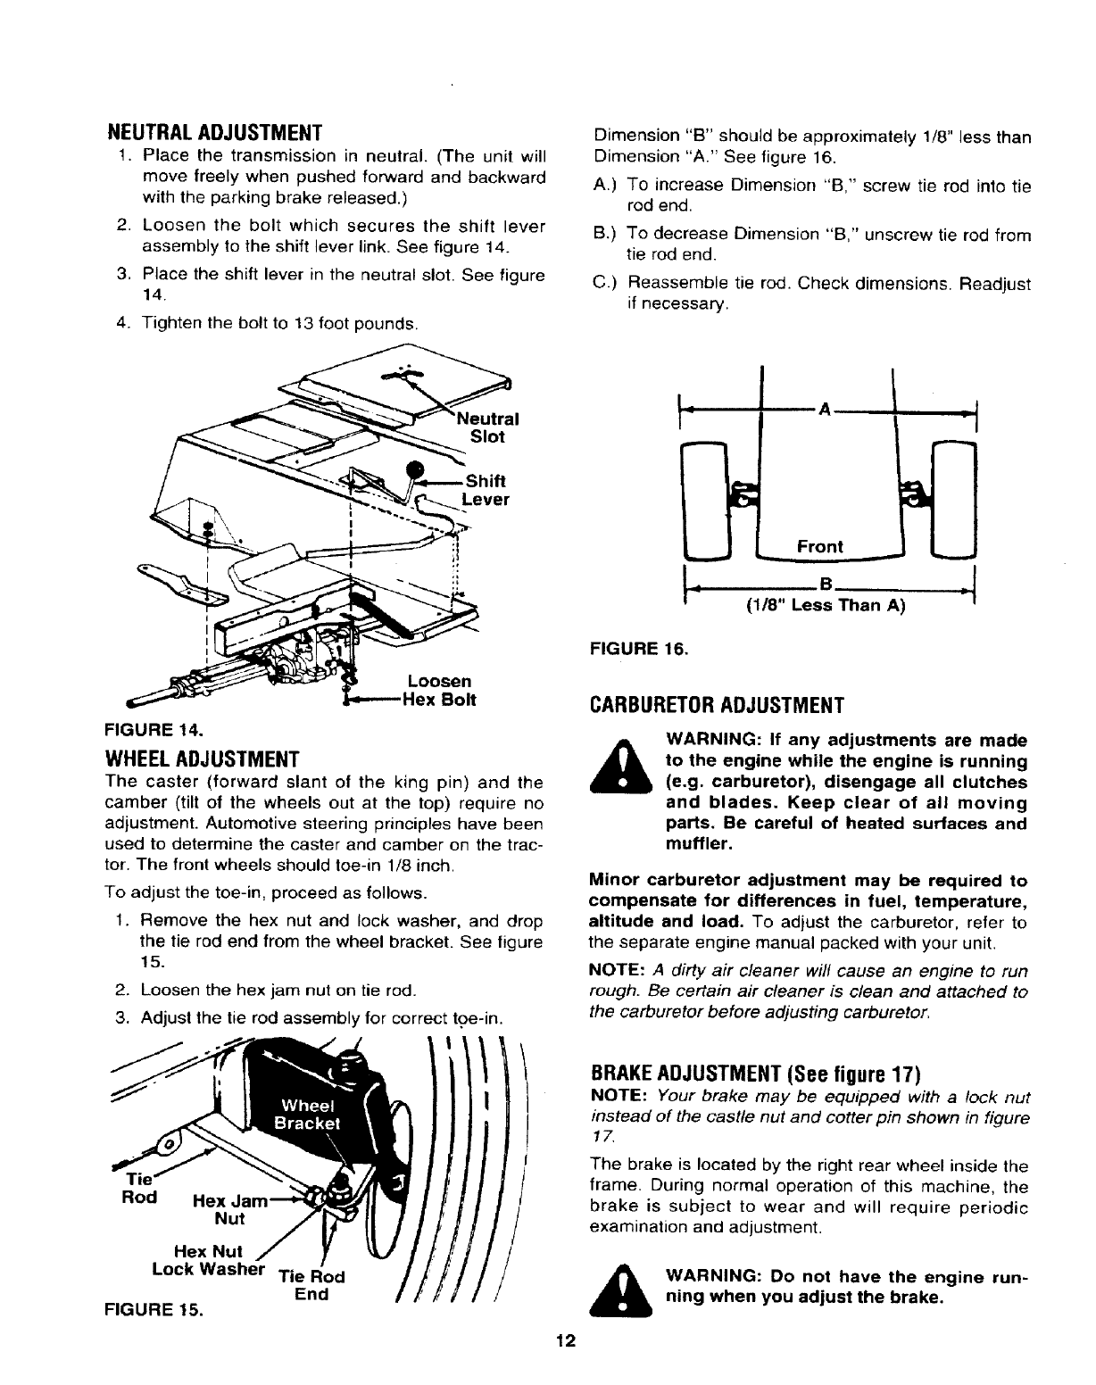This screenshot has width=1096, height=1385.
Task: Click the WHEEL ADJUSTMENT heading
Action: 203,760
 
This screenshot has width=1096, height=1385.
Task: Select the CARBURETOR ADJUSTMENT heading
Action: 717,707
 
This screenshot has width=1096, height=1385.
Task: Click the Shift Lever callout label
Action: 487,490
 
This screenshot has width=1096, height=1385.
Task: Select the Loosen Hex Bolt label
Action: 437,691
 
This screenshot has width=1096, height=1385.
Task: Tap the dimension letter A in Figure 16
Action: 825,410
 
